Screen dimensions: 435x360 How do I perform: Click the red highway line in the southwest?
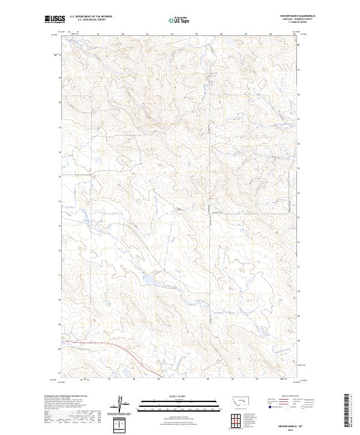pos(108,347)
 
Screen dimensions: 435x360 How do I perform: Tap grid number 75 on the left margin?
pos(59,176)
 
